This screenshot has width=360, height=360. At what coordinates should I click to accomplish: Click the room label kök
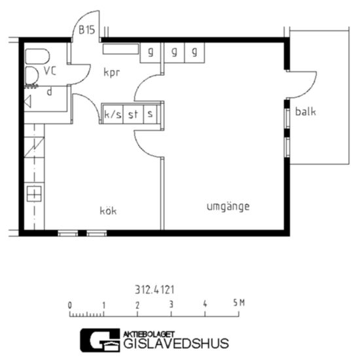[108, 211]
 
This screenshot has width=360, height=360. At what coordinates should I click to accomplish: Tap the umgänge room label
[228, 207]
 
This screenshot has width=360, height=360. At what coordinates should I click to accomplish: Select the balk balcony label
[306, 111]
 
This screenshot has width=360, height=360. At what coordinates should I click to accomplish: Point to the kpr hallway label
[111, 73]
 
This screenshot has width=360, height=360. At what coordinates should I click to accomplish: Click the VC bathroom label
[50, 71]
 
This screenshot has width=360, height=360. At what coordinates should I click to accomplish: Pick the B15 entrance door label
[87, 30]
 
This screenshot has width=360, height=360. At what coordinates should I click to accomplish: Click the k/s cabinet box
[113, 114]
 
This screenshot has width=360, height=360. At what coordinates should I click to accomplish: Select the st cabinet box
[134, 114]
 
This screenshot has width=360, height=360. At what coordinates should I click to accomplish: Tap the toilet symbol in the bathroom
[37, 56]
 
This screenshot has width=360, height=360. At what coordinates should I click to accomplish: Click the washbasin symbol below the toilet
[31, 75]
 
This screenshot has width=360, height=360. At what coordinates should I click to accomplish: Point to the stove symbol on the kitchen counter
[34, 194]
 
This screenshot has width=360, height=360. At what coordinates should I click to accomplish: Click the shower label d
[49, 92]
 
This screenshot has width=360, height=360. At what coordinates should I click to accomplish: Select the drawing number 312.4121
[154, 290]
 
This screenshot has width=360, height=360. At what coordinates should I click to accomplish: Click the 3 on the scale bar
[171, 304]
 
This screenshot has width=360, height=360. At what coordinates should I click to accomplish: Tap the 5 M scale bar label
[239, 303]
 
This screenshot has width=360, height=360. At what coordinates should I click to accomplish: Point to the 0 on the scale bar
[70, 305]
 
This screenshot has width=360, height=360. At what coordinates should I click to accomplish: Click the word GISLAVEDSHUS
[176, 344]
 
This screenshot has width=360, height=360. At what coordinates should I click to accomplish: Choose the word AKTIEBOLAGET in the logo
[149, 334]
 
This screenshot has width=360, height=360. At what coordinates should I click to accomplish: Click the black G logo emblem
[100, 340]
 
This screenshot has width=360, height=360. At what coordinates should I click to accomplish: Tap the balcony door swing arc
[309, 89]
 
